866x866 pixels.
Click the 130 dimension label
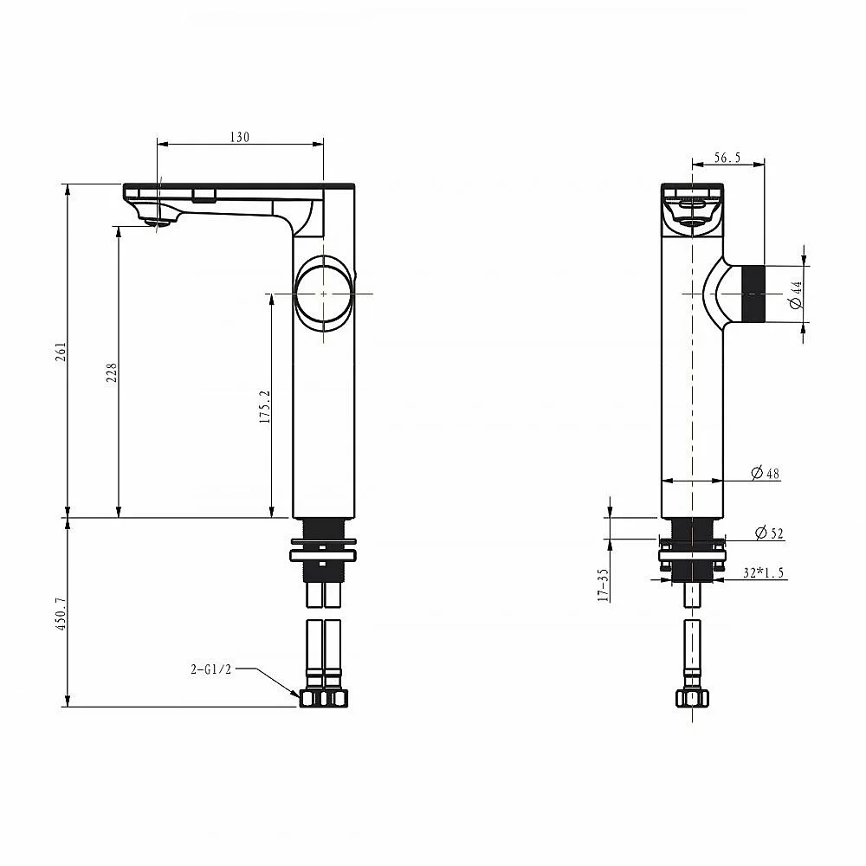point(240,137)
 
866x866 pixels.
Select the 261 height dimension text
point(61,352)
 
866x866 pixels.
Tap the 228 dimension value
point(112,372)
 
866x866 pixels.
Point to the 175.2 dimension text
point(265,406)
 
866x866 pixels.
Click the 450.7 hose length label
point(61,614)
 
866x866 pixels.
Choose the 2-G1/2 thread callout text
point(211,669)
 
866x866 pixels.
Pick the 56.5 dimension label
point(727,158)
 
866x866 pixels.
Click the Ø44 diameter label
point(796,294)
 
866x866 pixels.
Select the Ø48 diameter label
point(766,473)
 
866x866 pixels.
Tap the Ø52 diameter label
point(769,533)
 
